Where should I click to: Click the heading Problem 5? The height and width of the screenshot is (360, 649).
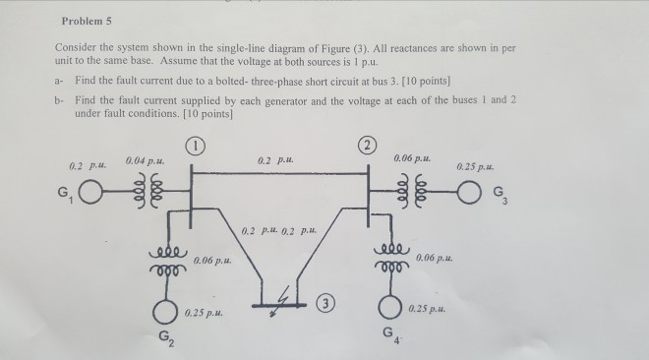pos(88,20)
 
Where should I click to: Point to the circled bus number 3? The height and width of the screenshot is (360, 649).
pos(326,299)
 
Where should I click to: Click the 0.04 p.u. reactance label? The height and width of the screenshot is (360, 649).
pos(146,159)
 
